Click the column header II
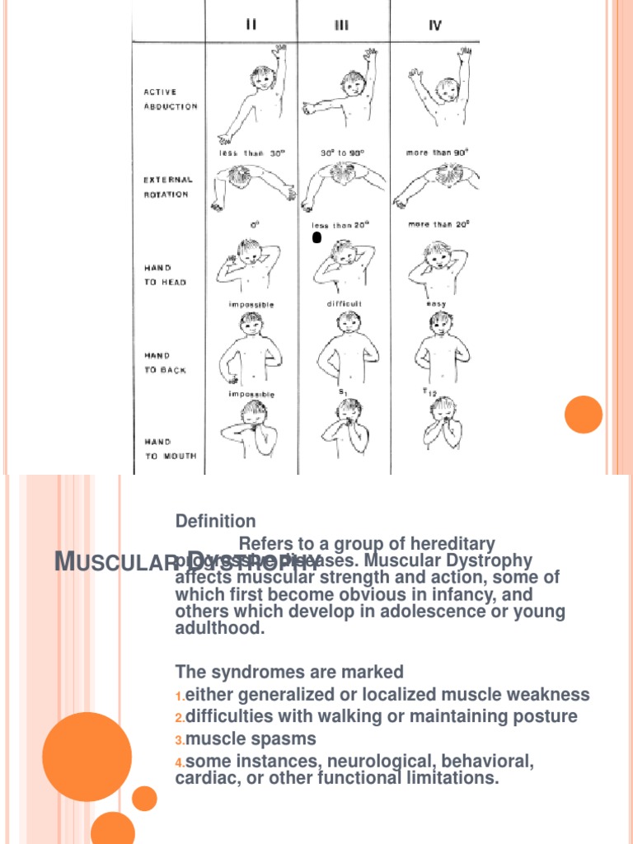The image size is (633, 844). (251, 25)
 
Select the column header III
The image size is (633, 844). (341, 26)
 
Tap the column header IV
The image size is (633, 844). (435, 26)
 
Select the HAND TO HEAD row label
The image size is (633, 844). (159, 275)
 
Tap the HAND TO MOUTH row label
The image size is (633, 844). (165, 449)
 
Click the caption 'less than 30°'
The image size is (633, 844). (251, 152)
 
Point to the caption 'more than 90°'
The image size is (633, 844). (438, 152)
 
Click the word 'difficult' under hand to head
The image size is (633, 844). (344, 303)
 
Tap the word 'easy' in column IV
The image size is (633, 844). (436, 303)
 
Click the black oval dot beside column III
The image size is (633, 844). (316, 238)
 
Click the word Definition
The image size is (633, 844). (216, 521)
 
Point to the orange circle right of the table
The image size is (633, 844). (584, 414)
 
